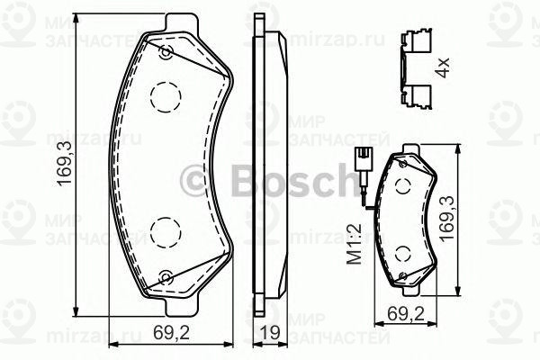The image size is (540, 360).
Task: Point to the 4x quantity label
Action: tap(442, 68)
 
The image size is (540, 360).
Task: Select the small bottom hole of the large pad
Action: tap(165, 277)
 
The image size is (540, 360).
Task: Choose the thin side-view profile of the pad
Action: tap(265, 162)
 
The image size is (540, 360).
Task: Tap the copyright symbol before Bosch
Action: tap(196, 181)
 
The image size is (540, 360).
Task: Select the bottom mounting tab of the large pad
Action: tap(180, 301)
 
